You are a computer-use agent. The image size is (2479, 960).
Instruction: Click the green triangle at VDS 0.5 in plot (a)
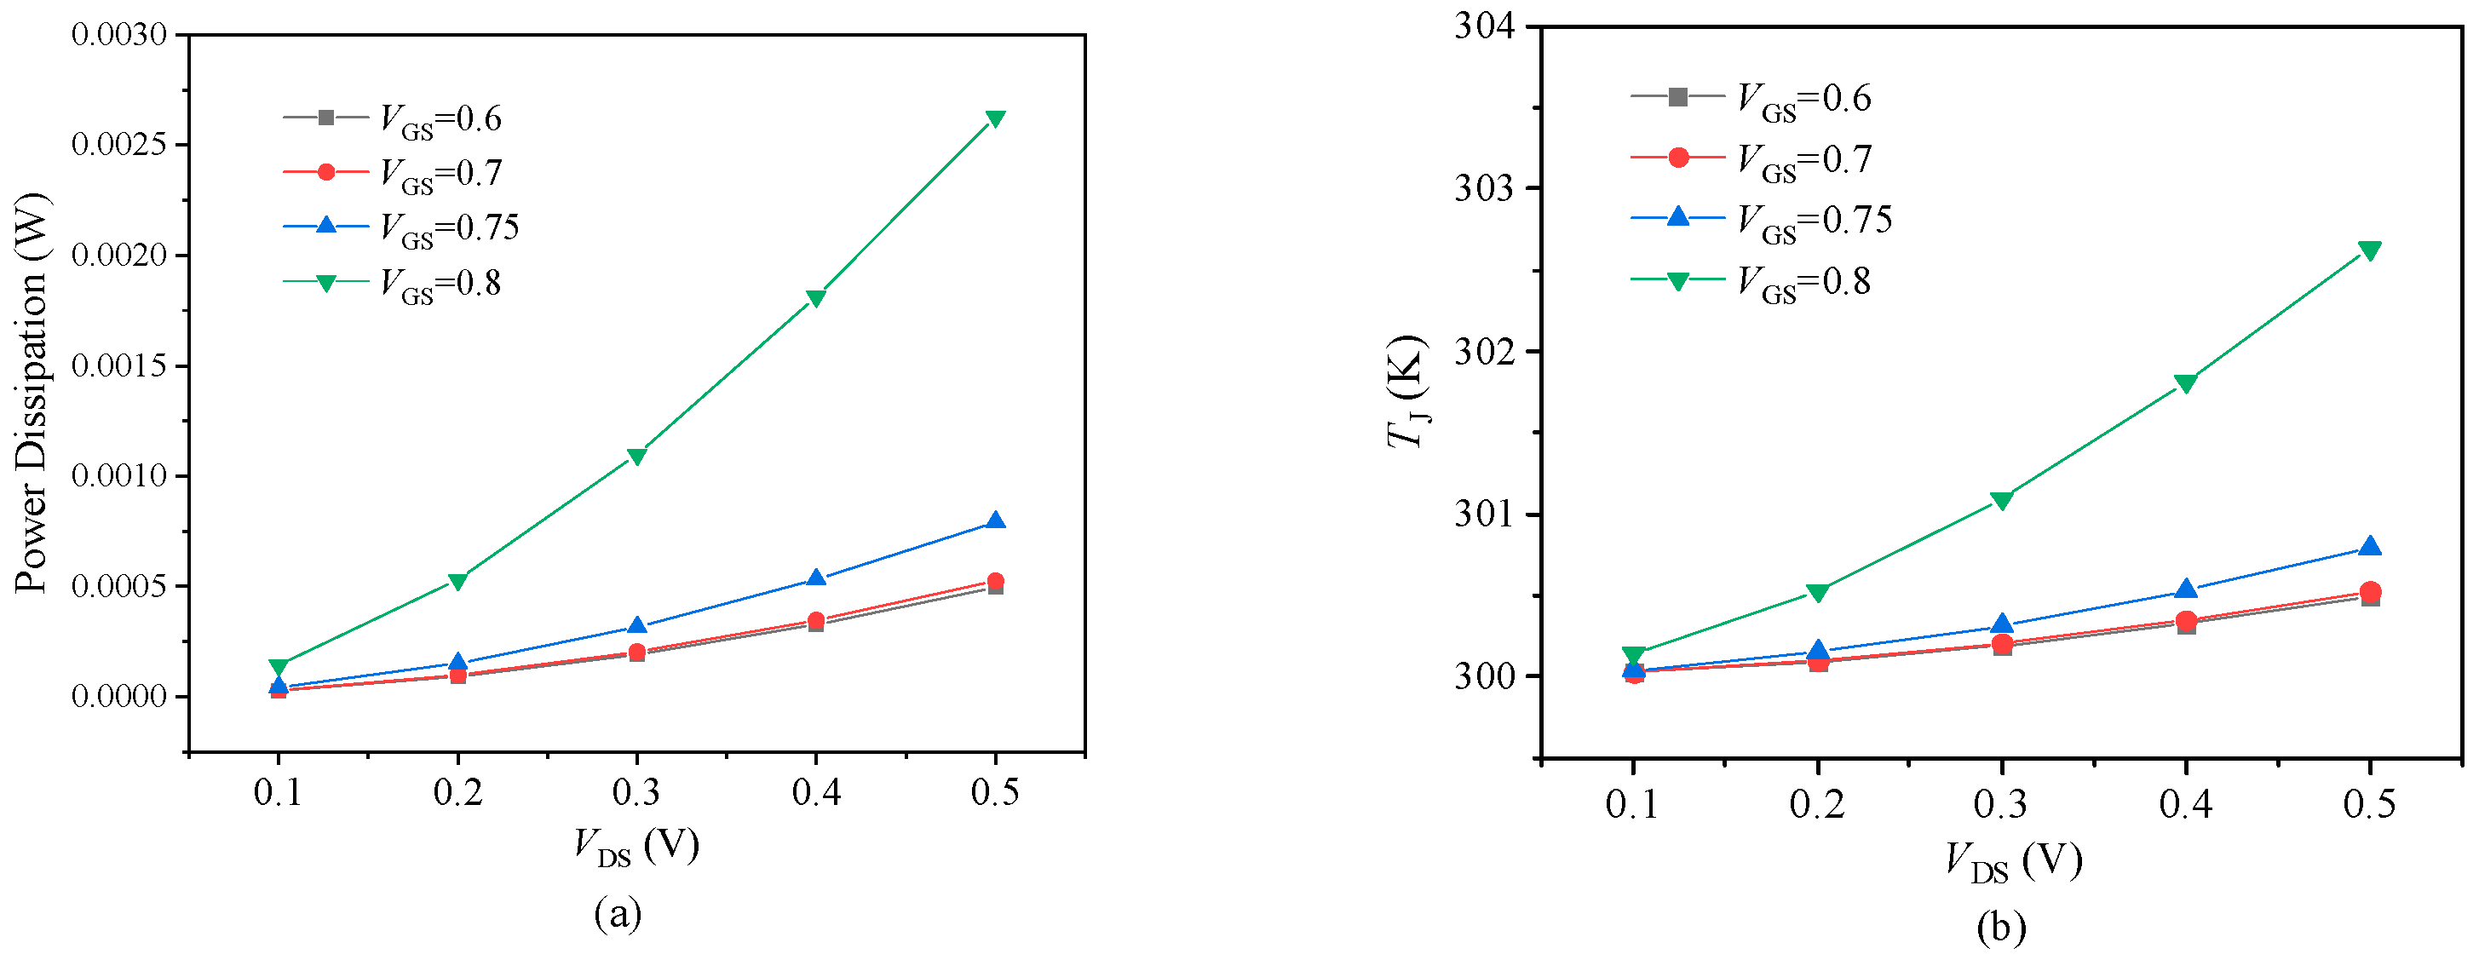995,118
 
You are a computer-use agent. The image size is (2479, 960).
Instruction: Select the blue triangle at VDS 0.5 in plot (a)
995,521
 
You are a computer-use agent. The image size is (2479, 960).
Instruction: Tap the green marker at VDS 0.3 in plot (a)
636,456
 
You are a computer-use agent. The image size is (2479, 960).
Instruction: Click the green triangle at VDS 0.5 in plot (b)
2369,251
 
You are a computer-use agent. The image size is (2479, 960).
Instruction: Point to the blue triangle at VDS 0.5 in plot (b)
2369,546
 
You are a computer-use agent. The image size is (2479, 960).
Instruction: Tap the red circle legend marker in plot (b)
1677,158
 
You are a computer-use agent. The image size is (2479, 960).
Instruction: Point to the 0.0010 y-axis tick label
119,476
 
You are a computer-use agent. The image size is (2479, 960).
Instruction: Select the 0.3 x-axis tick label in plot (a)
636,793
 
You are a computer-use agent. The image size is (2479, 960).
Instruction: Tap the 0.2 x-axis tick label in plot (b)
1817,803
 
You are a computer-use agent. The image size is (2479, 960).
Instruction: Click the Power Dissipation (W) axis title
31,394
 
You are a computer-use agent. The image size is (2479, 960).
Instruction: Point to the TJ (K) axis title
1407,392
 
